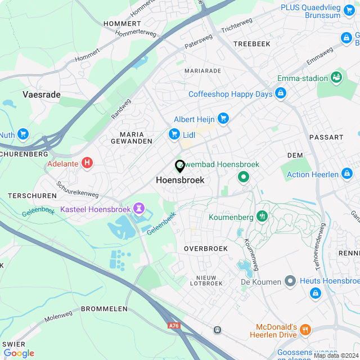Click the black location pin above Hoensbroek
pyautogui.click(x=180, y=166)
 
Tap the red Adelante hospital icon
pyautogui.click(x=87, y=163)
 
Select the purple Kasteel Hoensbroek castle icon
pyautogui.click(x=138, y=209)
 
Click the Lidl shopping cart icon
pyautogui.click(x=174, y=134)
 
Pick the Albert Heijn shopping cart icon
pyautogui.click(x=224, y=118)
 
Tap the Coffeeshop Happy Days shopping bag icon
pyautogui.click(x=281, y=93)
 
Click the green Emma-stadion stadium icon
pyautogui.click(x=337, y=76)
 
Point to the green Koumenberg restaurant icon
pyautogui.click(x=262, y=216)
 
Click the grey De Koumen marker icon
pyautogui.click(x=290, y=280)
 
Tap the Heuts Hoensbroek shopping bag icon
pyautogui.click(x=315, y=293)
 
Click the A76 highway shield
pyautogui.click(x=174, y=325)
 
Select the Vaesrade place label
pyautogui.click(x=42, y=94)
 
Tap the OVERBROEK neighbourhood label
pyautogui.click(x=205, y=248)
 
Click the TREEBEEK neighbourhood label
pyautogui.click(x=251, y=43)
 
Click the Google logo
pyautogui.click(x=19, y=353)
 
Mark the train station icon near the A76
pyautogui.click(x=216, y=330)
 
